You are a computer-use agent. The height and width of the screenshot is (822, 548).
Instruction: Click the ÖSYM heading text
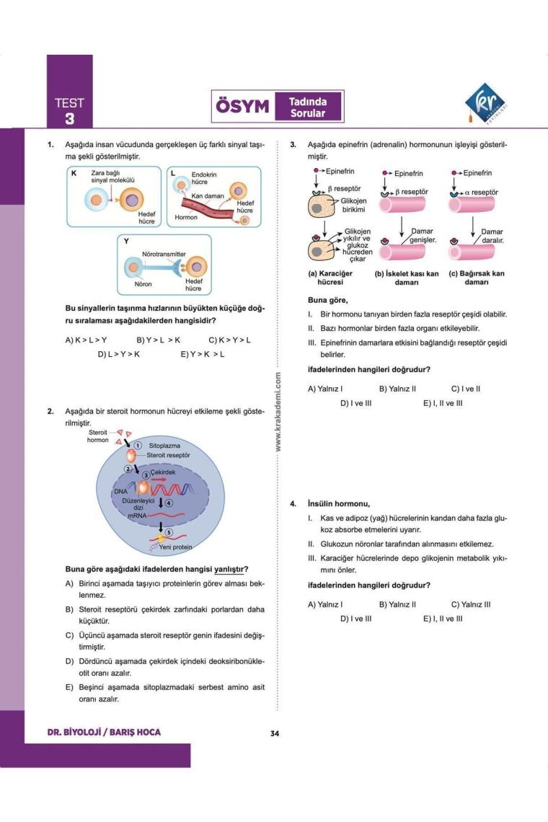coord(242,107)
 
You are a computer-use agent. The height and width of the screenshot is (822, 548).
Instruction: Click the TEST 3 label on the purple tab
coord(69,110)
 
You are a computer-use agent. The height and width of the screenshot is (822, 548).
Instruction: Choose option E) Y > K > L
coord(203,354)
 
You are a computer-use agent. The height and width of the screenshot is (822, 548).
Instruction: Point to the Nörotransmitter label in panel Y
coord(164,255)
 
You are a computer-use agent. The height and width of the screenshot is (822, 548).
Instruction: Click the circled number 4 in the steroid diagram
coord(169,503)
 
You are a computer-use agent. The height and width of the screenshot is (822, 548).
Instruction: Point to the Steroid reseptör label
coord(168,456)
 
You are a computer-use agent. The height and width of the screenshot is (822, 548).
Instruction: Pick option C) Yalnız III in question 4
coord(471,604)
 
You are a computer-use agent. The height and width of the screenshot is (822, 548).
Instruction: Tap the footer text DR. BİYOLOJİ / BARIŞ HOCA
coord(104,733)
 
